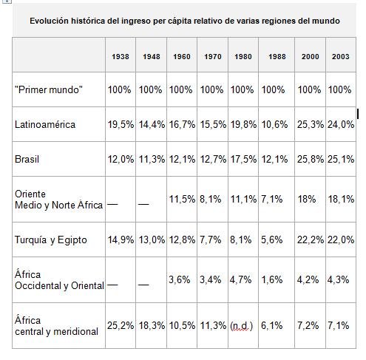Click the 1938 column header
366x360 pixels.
[121, 57]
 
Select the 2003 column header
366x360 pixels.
[341, 57]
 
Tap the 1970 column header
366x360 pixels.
[211, 57]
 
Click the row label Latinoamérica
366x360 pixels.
[45, 124]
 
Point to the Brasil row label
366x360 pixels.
[27, 159]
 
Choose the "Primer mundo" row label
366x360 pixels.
[48, 89]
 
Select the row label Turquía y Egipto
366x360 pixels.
[50, 239]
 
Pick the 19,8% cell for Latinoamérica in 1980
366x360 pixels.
[243, 124]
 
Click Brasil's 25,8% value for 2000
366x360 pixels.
[311, 159]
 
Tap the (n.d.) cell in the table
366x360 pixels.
[241, 325]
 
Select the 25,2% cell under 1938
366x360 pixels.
[121, 325]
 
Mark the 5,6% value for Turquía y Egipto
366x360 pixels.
[272, 239]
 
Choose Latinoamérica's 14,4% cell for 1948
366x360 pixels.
[152, 124]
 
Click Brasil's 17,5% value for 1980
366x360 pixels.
[243, 159]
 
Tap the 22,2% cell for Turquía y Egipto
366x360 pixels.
[311, 239]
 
